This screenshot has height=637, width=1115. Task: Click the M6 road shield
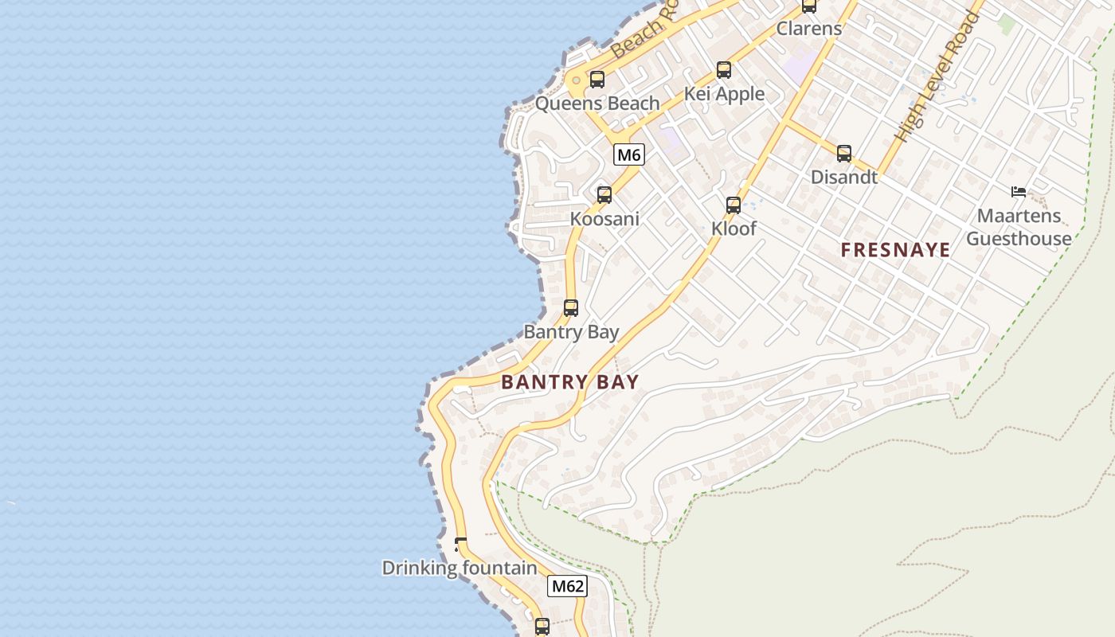[x=628, y=154]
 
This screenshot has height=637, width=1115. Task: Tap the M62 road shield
[x=567, y=587]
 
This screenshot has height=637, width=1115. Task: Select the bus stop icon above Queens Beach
[x=597, y=80]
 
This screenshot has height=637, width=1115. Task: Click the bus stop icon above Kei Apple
[x=723, y=70]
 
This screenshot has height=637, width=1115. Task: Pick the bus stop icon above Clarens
[x=808, y=6]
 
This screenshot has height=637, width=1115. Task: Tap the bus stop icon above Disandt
[x=843, y=154]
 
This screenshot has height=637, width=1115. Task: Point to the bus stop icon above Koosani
[x=604, y=195]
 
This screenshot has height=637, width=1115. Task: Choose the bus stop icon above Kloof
[x=733, y=205]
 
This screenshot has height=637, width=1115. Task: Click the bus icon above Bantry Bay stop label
[x=570, y=308]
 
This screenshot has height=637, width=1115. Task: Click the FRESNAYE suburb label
[x=895, y=250]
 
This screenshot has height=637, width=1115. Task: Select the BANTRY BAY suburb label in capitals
[x=569, y=382]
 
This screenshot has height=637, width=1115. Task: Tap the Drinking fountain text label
[x=460, y=569]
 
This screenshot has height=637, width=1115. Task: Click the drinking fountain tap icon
[x=460, y=545]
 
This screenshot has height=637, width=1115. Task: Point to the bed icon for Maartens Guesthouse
[x=1018, y=191]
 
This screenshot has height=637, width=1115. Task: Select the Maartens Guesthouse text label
[x=1019, y=227]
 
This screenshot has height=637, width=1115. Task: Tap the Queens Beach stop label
[x=597, y=104]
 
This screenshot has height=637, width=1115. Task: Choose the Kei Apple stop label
[x=724, y=94]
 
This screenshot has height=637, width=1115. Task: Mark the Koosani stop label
[x=604, y=219]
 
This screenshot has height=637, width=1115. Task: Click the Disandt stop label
[x=843, y=178]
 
